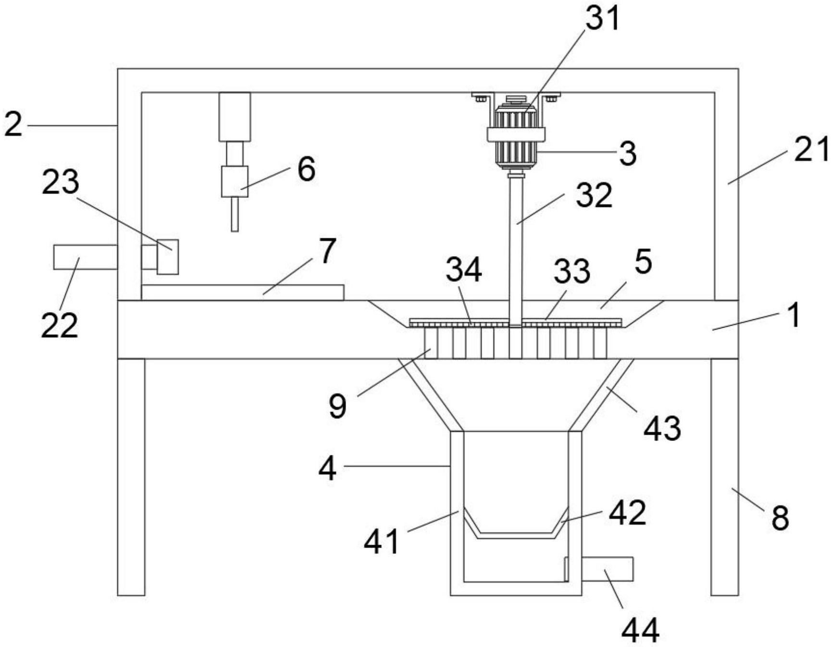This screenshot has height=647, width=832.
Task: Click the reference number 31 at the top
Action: pos(602,19)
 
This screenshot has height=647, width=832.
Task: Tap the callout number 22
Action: pos(59,325)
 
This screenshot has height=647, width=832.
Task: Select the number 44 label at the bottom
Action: pos(640,630)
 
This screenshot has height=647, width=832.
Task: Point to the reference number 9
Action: pos(337,406)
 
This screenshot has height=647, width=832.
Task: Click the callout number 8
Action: pos(780,518)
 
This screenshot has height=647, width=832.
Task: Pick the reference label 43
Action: pos(662,428)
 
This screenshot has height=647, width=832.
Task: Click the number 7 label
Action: pos(327,251)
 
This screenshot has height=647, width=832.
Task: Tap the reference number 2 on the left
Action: pos(13,125)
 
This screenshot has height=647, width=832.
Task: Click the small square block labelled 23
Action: pos(168,257)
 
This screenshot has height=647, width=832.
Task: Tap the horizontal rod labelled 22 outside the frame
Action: pos(85,257)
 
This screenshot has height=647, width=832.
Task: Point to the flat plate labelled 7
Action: pos(243,292)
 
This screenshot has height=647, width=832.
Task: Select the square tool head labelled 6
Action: pos(235,182)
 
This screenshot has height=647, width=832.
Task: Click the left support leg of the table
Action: pos(131,476)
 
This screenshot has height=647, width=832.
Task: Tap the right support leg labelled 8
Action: pos(724,476)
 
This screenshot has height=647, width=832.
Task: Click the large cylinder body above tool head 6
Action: pos(235,117)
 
